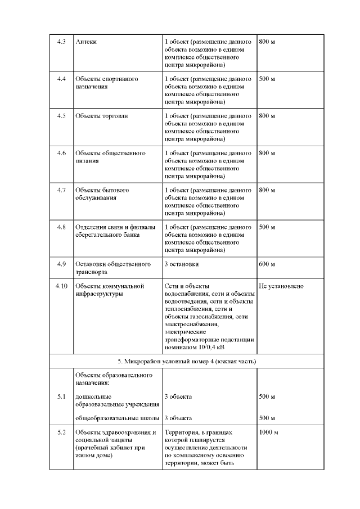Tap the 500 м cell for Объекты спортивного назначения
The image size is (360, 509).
[267, 79]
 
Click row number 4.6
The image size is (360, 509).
[62, 153]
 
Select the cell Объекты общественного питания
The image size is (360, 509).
[110, 157]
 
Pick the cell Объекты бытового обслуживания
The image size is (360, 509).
[102, 193]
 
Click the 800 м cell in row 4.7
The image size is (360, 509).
[267, 190]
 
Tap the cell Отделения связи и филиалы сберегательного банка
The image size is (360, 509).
[114, 231]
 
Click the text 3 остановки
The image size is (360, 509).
[181, 264]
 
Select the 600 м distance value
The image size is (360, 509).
[267, 264]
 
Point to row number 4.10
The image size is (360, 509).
[62, 286]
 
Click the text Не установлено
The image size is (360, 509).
[281, 286]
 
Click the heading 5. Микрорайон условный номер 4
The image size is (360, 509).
[186, 361]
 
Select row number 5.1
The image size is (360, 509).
[62, 397]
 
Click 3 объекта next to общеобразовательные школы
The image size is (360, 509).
[178, 418]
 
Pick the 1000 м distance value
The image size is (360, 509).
[268, 433]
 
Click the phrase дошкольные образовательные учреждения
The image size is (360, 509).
[110, 401]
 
